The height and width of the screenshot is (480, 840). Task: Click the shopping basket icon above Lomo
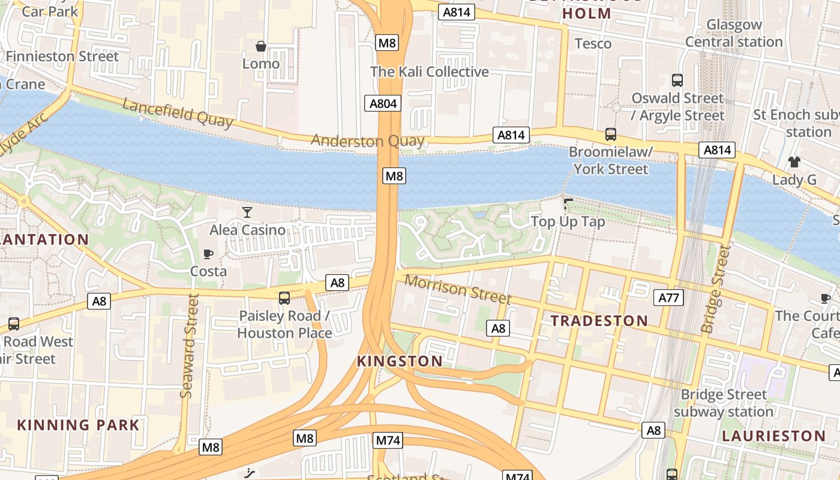(261, 46)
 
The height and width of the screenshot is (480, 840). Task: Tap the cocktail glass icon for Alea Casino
(247, 212)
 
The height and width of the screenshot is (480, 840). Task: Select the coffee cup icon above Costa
(208, 254)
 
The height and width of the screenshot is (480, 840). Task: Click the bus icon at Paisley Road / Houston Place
(284, 298)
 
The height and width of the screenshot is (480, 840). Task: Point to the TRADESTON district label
(599, 321)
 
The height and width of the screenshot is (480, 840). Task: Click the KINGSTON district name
(400, 361)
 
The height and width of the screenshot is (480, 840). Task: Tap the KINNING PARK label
(78, 425)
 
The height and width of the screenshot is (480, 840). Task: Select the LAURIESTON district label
(773, 436)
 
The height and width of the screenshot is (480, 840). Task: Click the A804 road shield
(383, 103)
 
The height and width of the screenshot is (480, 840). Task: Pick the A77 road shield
(668, 298)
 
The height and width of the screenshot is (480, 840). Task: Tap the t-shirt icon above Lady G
(794, 162)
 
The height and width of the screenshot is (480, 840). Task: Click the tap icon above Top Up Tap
(568, 204)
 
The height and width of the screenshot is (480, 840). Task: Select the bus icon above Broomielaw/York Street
(611, 134)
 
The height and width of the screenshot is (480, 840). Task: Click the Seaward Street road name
(189, 346)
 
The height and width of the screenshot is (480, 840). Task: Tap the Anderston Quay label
(367, 142)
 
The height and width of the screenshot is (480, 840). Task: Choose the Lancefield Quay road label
(178, 113)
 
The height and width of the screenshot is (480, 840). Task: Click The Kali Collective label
(430, 72)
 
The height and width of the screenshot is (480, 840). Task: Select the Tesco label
(593, 44)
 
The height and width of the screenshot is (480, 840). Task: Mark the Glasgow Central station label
(734, 34)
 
